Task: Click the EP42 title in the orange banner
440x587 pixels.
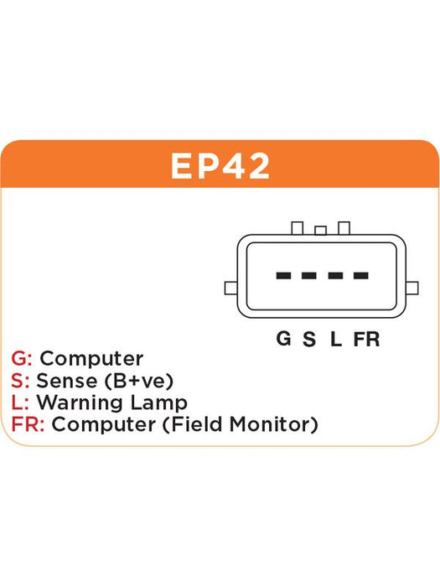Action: coord(220,166)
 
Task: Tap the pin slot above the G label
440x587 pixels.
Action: coord(283,276)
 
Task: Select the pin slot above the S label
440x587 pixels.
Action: coord(309,276)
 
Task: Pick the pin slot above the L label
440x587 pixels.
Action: coord(335,276)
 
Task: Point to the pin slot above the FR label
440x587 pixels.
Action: coord(360,276)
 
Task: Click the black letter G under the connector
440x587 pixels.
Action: coord(283,339)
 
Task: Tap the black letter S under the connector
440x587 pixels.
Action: coord(309,339)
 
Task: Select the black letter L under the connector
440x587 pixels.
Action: coord(335,339)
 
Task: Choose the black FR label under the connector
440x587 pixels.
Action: coord(366,339)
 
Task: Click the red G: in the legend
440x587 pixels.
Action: coord(21,358)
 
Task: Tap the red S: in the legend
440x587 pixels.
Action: coord(20,381)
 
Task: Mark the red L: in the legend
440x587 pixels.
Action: coord(20,403)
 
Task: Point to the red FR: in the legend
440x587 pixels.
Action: coord(28,424)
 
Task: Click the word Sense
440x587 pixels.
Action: coord(66,381)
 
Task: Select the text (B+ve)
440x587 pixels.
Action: coord(139,381)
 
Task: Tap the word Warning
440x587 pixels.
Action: coord(80,403)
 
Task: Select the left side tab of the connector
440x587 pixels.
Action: coord(230,288)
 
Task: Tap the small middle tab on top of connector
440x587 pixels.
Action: coord(320,231)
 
